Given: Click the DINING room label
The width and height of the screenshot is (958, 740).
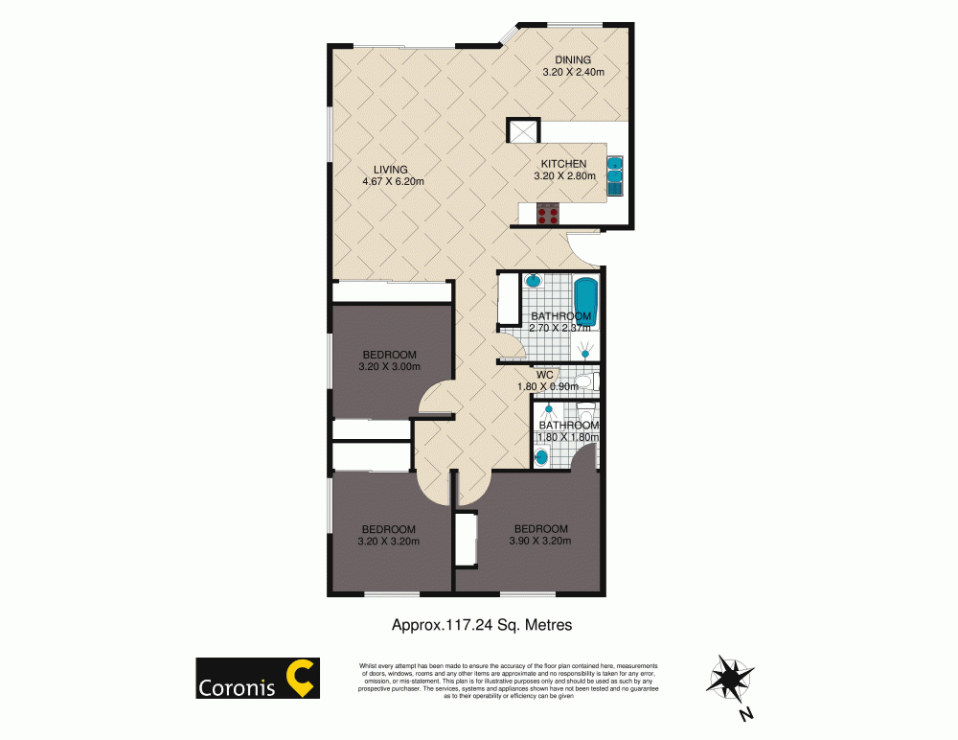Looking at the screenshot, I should [573, 59].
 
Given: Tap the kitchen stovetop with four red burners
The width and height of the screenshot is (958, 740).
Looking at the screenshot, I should [549, 213].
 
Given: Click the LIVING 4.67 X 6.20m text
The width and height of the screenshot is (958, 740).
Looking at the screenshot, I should [392, 175].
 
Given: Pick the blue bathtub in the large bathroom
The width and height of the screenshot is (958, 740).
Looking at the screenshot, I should [585, 299].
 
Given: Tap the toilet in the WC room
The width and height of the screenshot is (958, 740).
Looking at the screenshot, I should [584, 382].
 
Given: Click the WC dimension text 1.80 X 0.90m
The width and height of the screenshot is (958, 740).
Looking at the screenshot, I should [546, 386].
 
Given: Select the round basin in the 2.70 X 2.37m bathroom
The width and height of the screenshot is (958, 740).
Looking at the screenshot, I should [535, 282].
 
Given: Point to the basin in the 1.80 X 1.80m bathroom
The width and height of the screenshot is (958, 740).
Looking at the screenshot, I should [542, 458].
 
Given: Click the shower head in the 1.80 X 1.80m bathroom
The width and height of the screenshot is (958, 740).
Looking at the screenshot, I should [550, 409].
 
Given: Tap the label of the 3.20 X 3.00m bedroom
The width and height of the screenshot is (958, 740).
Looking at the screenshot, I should [389, 360].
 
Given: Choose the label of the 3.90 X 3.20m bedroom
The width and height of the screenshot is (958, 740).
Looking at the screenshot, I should [541, 534].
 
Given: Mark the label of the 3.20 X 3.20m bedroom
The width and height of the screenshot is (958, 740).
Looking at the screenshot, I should [388, 535].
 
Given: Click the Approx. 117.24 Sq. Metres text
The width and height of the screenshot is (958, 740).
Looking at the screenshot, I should [482, 625].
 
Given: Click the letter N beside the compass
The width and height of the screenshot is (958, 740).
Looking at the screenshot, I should [746, 714].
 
